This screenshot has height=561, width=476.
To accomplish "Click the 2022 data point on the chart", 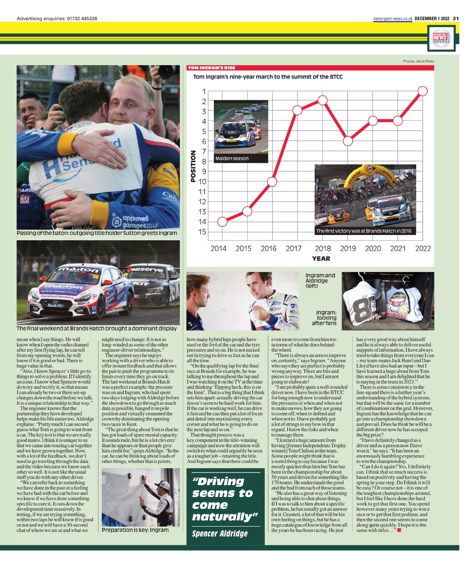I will [x=422, y=91].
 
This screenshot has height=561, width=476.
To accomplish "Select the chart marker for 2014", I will [x=222, y=221].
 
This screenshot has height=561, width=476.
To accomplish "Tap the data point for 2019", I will [x=348, y=141].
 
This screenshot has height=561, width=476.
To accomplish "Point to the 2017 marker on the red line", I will [x=297, y=110].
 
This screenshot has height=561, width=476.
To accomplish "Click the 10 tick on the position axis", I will [x=202, y=182].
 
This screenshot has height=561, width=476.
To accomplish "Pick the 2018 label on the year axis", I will [x=323, y=249].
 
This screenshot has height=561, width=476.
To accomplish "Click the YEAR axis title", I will [x=321, y=259].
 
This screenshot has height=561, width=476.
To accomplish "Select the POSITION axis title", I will [x=193, y=166].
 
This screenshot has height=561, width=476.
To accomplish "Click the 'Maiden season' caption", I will [x=232, y=158].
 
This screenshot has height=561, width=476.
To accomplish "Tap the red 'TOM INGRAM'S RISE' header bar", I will [x=310, y=68].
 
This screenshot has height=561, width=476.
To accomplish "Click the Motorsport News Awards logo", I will [x=442, y=38].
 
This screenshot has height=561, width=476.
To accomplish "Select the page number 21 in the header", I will [x=456, y=18].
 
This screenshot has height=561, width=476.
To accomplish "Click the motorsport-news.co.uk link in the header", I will [x=392, y=18].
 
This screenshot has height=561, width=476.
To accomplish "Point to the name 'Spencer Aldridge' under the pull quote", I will [x=220, y=533].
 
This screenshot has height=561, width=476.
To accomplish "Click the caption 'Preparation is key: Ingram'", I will [x=135, y=530].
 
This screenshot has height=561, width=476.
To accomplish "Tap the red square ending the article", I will [x=399, y=530].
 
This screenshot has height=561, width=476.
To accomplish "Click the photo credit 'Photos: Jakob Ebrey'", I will [x=419, y=61].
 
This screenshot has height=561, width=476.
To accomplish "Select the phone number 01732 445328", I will [x=82, y=18].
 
